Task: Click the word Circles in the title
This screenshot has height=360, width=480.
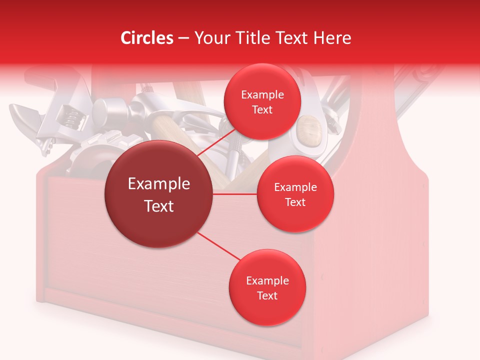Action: pyautogui.click(x=147, y=38)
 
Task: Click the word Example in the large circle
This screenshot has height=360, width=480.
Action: pyautogui.click(x=159, y=184)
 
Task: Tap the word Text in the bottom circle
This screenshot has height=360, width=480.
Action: pyautogui.click(x=267, y=295)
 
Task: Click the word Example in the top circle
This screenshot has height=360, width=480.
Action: pyautogui.click(x=262, y=94)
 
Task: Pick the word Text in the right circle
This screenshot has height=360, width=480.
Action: pyautogui.click(x=295, y=202)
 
